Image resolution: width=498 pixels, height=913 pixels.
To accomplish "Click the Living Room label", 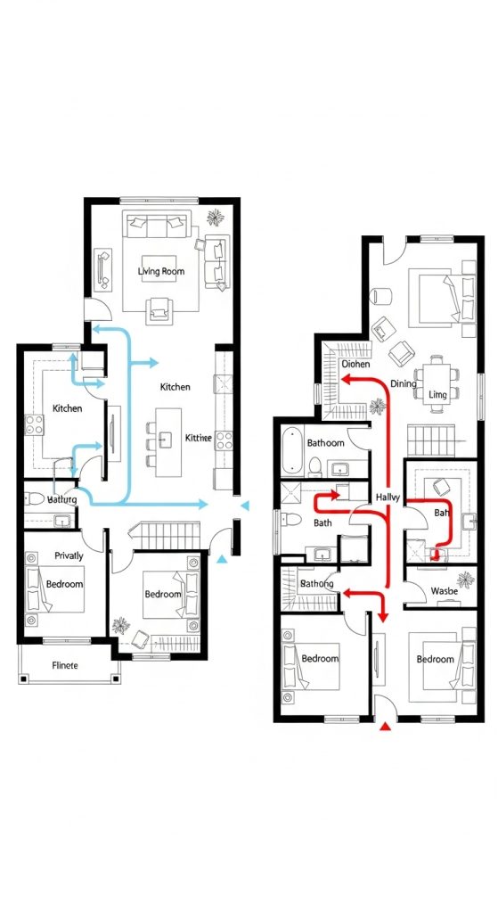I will coord(160,270).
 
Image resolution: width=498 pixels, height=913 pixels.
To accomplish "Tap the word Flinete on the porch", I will coord(66,664).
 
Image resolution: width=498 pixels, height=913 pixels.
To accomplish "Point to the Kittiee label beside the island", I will coord(198,438).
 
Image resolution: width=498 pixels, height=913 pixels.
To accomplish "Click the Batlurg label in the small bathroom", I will coord(61,500).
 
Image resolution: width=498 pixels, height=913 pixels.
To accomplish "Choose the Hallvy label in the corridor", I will coord(389,497).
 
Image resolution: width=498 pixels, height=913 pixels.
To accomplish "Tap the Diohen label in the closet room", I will coord(355,364).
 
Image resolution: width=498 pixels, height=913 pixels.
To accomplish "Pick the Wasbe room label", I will coord(444,590).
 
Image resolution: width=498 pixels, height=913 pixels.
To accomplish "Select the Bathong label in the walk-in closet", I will coord(317,584).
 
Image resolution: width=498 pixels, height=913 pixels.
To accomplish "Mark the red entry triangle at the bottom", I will coord(385,728).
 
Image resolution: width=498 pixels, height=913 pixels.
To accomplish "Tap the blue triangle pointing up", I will coord(222,559).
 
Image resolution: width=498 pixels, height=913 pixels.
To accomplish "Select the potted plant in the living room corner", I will coord(215,217).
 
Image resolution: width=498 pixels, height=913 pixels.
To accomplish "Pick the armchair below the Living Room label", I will coord(161,309).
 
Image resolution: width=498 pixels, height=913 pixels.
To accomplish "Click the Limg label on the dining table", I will coord(437,394).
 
